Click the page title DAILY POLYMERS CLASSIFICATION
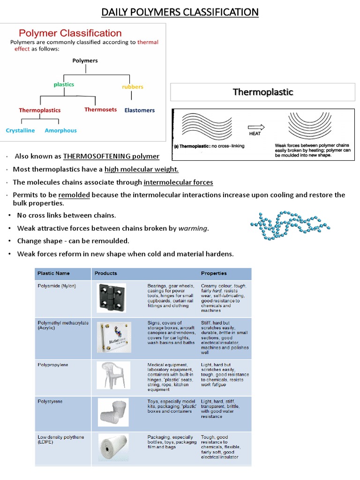click(180, 12)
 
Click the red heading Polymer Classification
click(70, 33)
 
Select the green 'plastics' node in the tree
click(64, 84)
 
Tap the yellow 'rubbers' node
click(132, 87)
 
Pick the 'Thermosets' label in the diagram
click(100, 110)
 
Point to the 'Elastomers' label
click(139, 110)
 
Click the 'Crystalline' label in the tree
click(20, 130)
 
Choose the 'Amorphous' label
click(60, 130)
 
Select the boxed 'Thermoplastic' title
click(262, 92)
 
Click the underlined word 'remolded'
click(74, 195)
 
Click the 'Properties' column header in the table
click(214, 273)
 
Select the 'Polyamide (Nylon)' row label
click(57, 285)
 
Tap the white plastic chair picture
click(112, 375)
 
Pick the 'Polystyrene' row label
click(50, 402)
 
